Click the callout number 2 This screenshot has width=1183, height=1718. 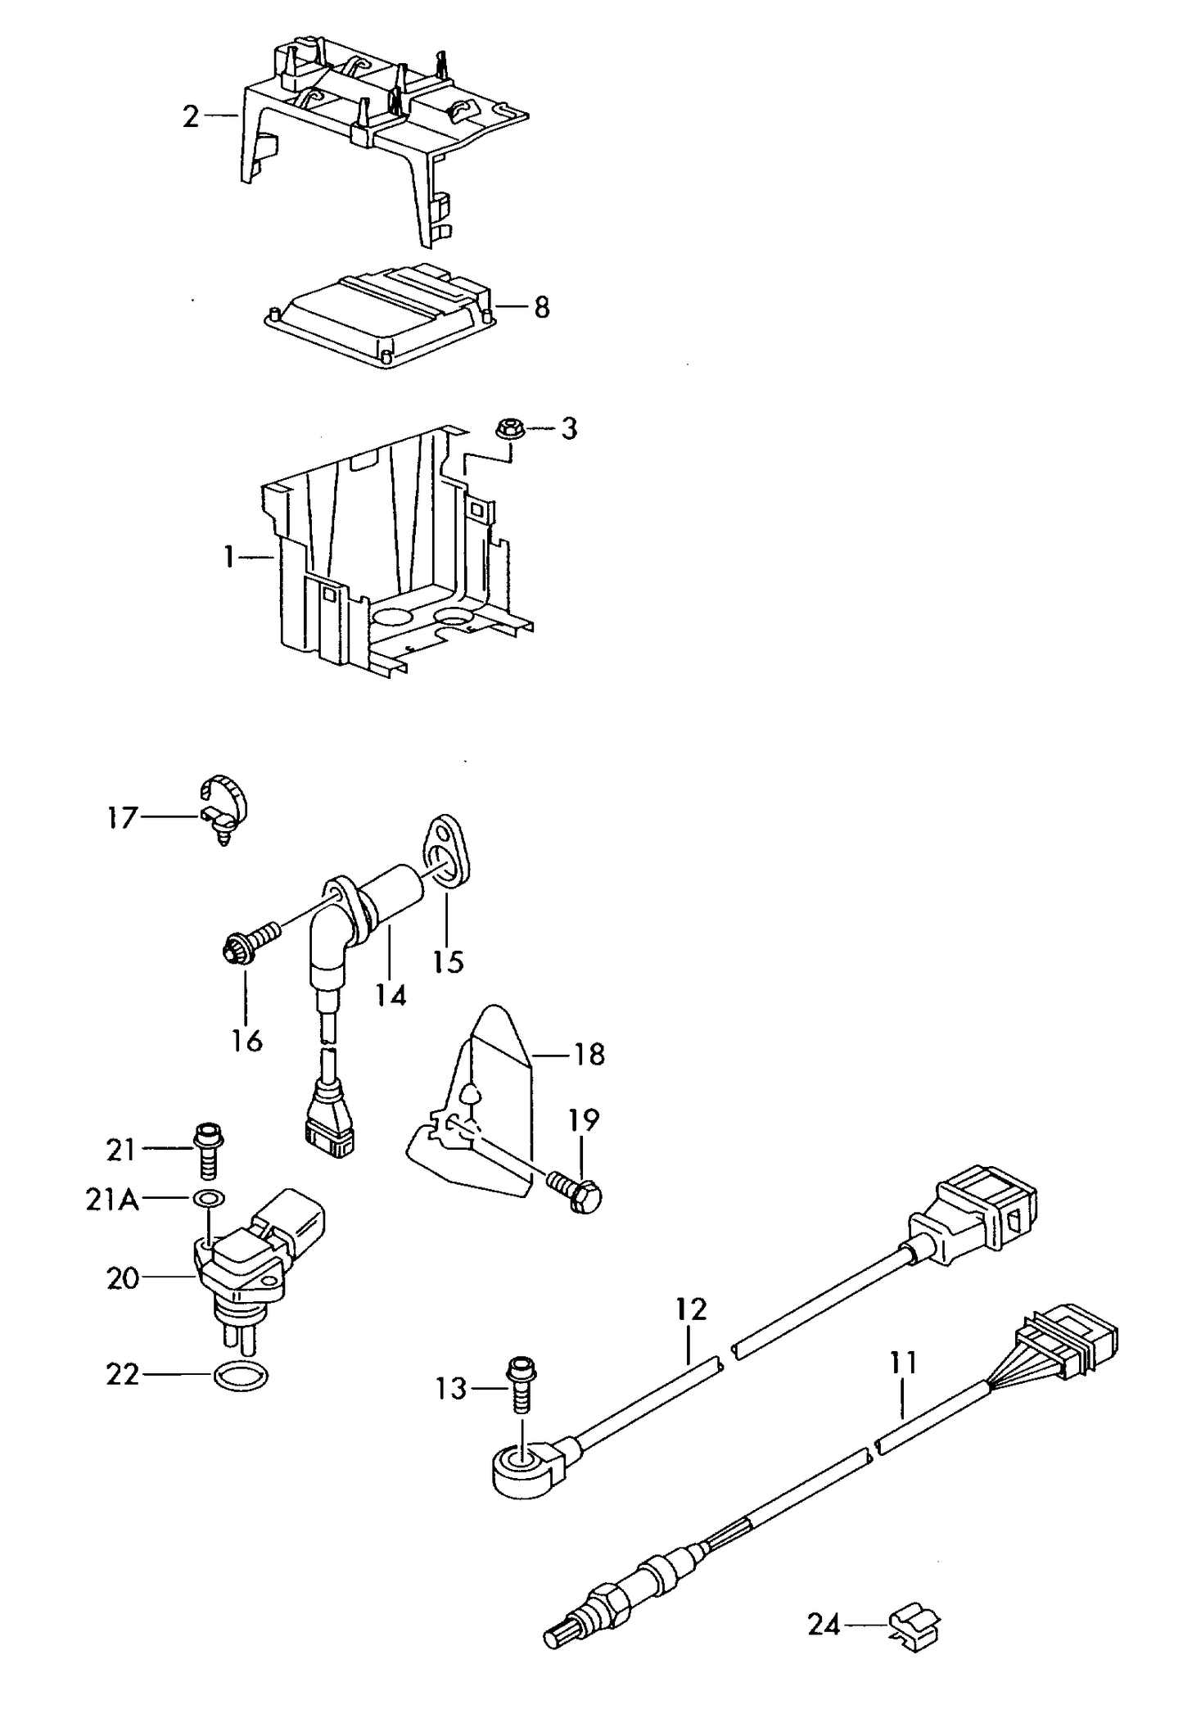tap(190, 117)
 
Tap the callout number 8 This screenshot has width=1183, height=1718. tap(541, 308)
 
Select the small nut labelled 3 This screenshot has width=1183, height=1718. tap(508, 428)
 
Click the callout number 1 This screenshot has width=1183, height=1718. tap(229, 558)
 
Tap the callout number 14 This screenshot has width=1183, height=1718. tap(391, 995)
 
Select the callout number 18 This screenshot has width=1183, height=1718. tap(589, 1054)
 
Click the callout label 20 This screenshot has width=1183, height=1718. tap(123, 1277)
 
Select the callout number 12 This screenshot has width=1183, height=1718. tap(691, 1309)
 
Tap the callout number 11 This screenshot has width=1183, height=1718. tap(903, 1363)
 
